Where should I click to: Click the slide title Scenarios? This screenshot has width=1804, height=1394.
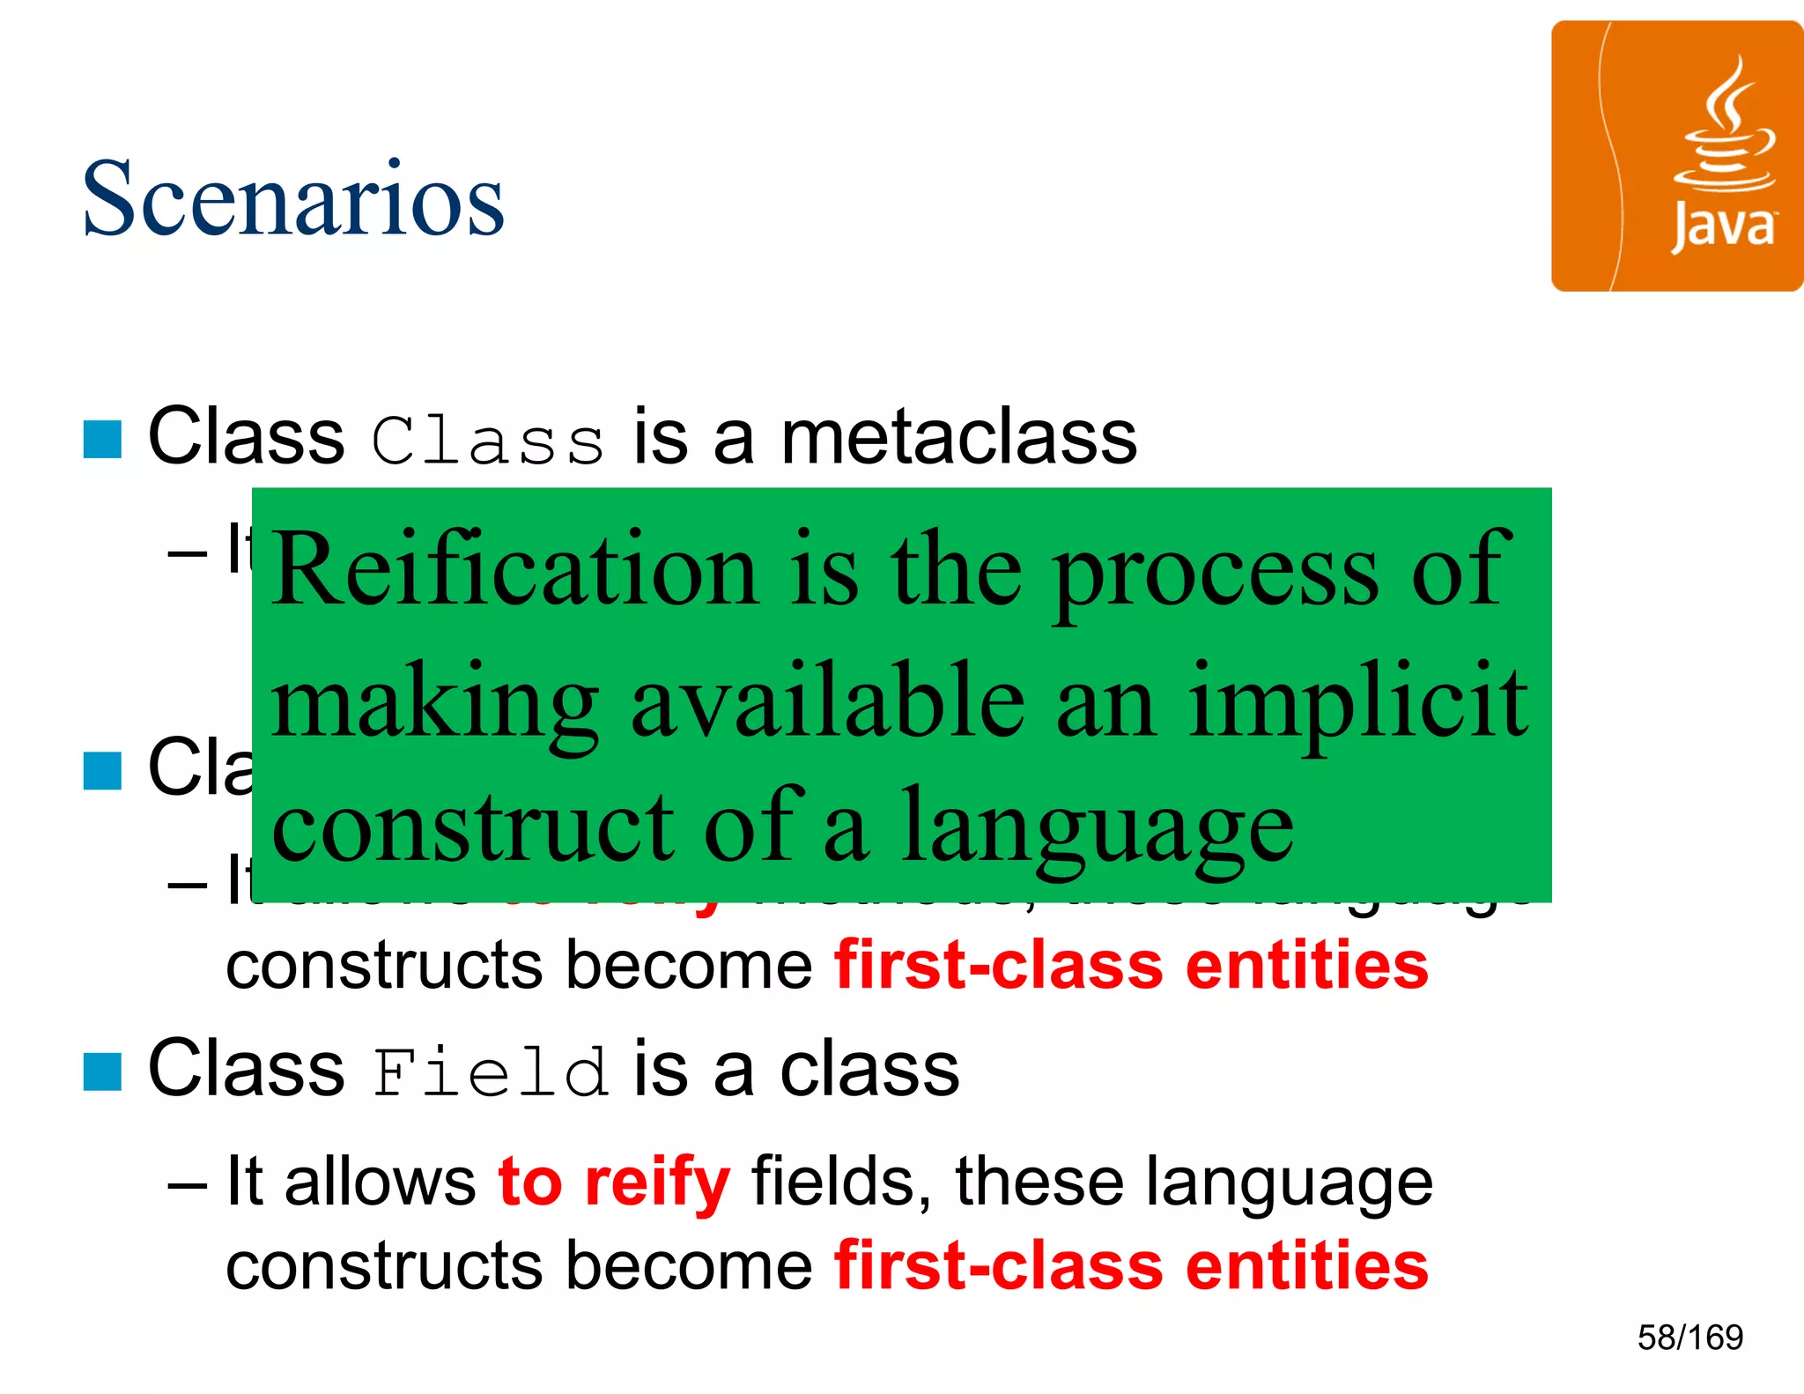pos(293,198)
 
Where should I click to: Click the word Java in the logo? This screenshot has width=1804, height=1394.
pos(1723,227)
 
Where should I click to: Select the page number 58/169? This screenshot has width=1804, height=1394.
pos(1689,1338)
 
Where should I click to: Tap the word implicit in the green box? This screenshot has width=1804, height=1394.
pos(1358,701)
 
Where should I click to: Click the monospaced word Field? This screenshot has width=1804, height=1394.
pos(490,1071)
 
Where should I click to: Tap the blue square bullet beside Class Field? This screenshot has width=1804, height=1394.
pos(102,1071)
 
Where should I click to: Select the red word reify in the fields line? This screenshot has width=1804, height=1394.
pos(657,1182)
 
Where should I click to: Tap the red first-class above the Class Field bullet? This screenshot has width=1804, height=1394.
pos(999,966)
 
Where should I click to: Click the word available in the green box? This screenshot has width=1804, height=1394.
pos(828,701)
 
